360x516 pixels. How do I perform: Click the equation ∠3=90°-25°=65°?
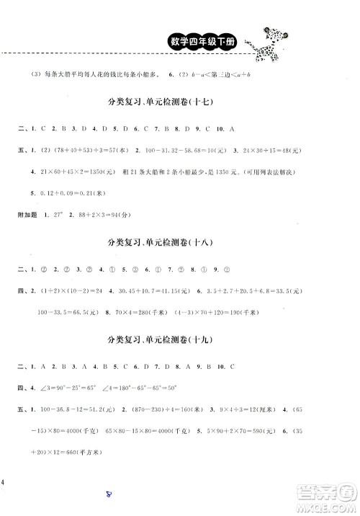point(74,387)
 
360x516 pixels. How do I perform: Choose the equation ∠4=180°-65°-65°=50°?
point(148,387)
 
